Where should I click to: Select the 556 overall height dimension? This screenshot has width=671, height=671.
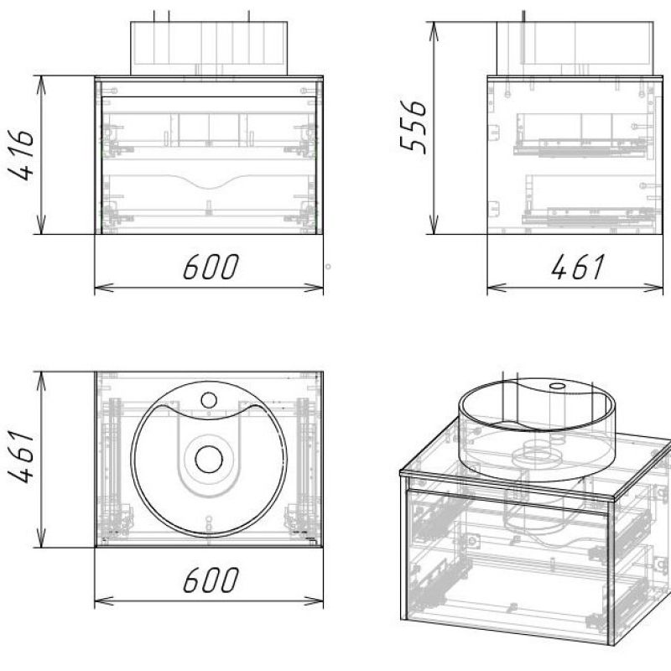[x=414, y=127]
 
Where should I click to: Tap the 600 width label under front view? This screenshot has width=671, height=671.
[x=211, y=267]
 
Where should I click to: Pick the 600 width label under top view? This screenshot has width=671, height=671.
[x=211, y=580]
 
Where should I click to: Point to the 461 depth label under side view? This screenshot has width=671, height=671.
[x=578, y=267]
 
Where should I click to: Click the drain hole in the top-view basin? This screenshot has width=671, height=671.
[x=209, y=459]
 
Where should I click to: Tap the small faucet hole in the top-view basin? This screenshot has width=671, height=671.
[x=209, y=401]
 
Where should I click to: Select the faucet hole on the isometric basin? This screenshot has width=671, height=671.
[x=557, y=386]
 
